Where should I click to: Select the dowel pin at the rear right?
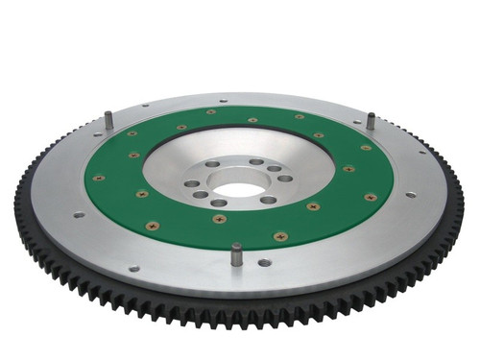371,123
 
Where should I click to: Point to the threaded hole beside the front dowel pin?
264,262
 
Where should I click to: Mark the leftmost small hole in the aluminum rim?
79,214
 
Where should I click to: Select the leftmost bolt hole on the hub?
192,183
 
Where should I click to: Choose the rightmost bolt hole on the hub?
285,178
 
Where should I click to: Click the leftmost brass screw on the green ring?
99,178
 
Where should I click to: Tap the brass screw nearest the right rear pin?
366,148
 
